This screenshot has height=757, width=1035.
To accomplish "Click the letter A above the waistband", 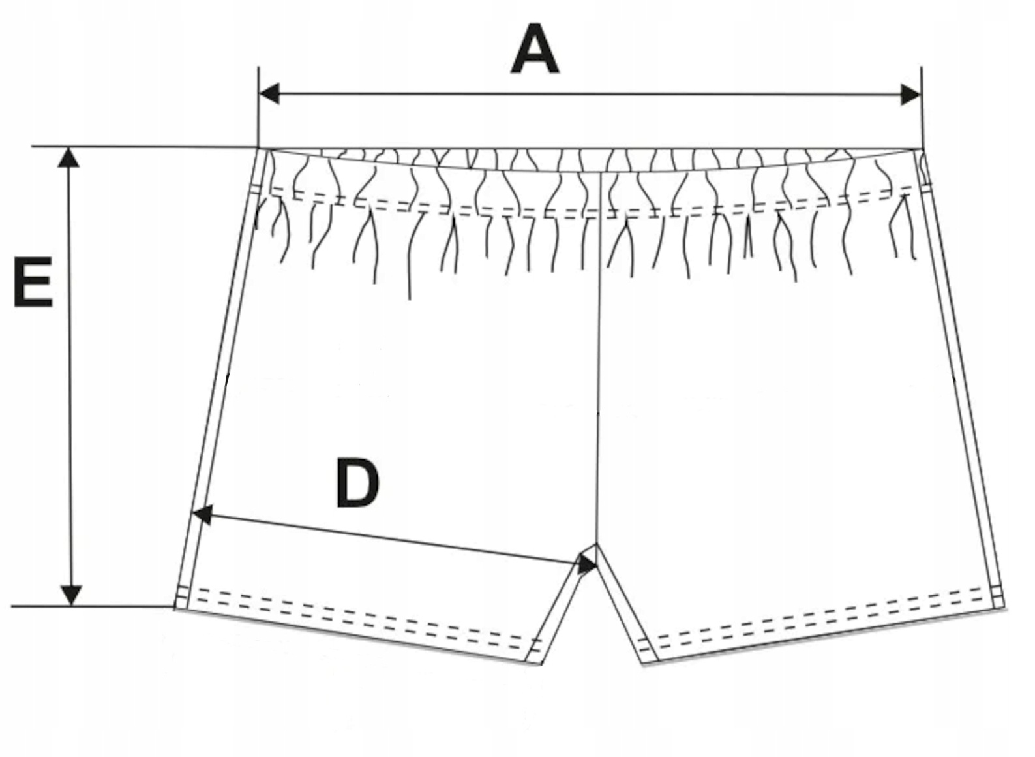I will [x=535, y=50].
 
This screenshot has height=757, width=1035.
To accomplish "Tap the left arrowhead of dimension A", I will [x=269, y=94].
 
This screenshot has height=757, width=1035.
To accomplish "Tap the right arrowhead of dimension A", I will [x=911, y=95].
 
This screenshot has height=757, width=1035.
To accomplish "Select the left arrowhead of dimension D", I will [x=202, y=514].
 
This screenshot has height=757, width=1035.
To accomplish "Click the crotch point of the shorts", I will [x=597, y=544].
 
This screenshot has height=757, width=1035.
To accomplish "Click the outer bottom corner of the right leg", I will [x=1005, y=607].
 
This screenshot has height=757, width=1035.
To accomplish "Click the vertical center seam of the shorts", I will [x=599, y=359].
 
